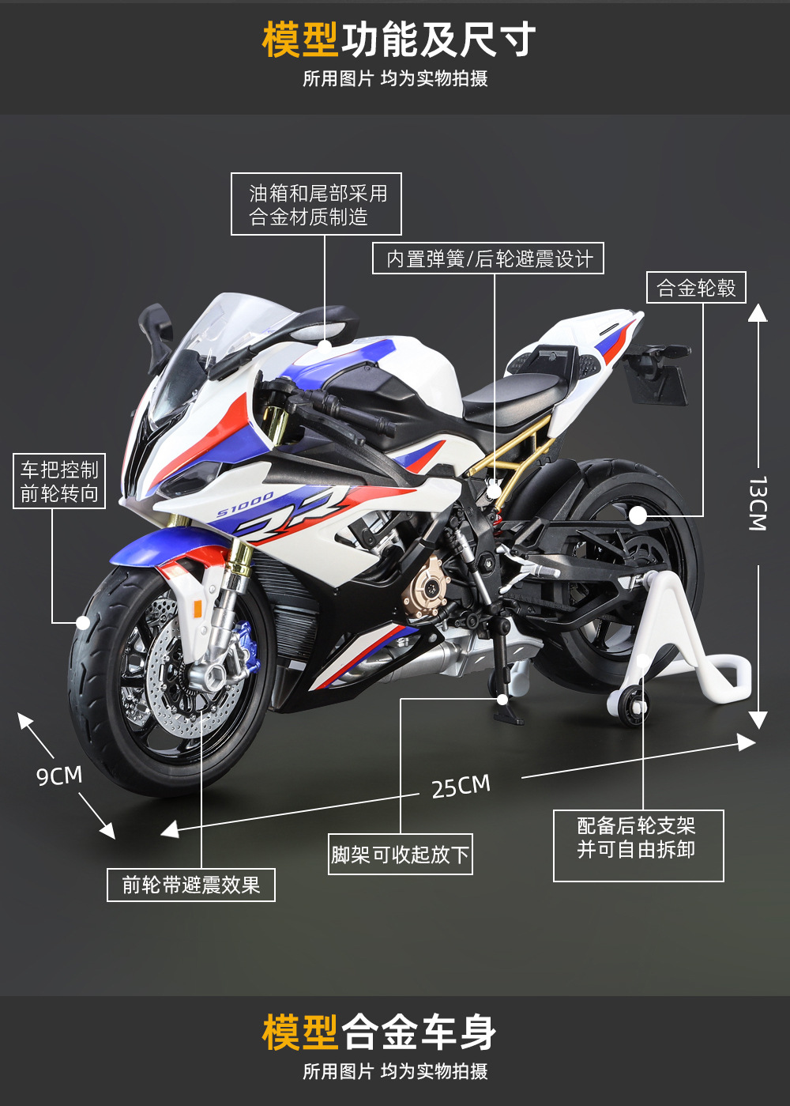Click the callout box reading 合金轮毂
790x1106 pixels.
coord(696,288)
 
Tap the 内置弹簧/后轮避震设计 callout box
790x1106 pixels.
coord(488,259)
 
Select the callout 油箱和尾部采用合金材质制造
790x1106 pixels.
coord(316,204)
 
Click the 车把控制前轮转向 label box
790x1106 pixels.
coord(59,481)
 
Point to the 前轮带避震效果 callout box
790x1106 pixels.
coord(191,885)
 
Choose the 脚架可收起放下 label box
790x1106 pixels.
coord(401,855)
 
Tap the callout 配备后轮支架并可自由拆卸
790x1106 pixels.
coord(638,845)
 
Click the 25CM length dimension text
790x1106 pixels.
coord(461,787)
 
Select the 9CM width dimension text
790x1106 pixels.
coord(59,776)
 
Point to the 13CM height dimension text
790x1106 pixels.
coord(757,503)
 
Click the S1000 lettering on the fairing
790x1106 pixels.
coord(245,504)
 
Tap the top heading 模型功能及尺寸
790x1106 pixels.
coord(399,40)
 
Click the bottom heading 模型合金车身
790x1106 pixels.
coord(379,1032)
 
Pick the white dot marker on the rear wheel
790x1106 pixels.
coord(638,516)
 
